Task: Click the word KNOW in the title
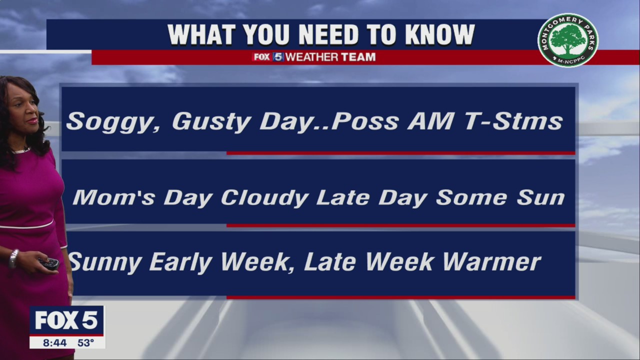pos(440,35)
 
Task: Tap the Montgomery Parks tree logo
pos(568,40)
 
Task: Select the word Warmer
pos(491,261)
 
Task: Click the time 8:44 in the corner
pos(54,342)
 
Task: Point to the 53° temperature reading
pos(85,342)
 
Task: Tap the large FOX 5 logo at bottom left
pos(66,320)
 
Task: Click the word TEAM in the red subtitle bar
pos(358,57)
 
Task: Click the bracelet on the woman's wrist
pos(13,258)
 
